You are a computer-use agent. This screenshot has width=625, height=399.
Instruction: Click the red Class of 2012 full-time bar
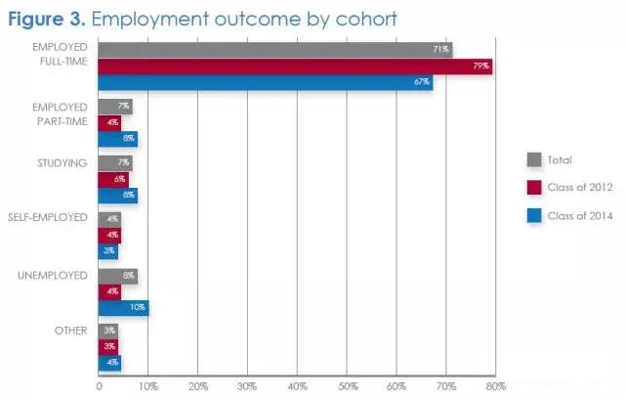pyautogui.click(x=293, y=66)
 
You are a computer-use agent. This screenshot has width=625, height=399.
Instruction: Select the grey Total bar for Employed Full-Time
pyautogui.click(x=273, y=50)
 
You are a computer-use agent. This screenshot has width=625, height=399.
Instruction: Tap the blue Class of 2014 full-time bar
pyautogui.click(x=264, y=82)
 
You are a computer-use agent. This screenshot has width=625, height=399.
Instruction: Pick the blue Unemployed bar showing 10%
pyautogui.click(x=123, y=308)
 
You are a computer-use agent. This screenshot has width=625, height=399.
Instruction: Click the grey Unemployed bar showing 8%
pyautogui.click(x=117, y=276)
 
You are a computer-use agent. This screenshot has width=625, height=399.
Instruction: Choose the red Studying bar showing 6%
pyautogui.click(x=113, y=179)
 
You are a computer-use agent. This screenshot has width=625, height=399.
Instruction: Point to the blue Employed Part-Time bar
pyautogui.click(x=117, y=139)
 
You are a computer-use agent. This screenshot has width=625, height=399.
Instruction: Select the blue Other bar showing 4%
pyautogui.click(x=109, y=364)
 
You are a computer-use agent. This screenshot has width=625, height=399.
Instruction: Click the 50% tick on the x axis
pyautogui.click(x=347, y=386)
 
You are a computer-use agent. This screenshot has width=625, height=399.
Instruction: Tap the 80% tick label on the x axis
pyautogui.click(x=496, y=386)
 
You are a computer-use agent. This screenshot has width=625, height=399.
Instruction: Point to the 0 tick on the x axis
pyautogui.click(x=99, y=386)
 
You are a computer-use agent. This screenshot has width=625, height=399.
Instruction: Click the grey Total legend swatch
pyautogui.click(x=534, y=159)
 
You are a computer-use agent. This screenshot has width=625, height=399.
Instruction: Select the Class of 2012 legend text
pyautogui.click(x=580, y=188)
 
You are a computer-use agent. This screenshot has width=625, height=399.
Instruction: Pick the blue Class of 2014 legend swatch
pyautogui.click(x=534, y=217)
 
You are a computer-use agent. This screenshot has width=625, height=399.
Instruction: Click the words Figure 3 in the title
pyautogui.click(x=48, y=18)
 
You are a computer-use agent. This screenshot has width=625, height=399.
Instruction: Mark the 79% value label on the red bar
pyautogui.click(x=481, y=66)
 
